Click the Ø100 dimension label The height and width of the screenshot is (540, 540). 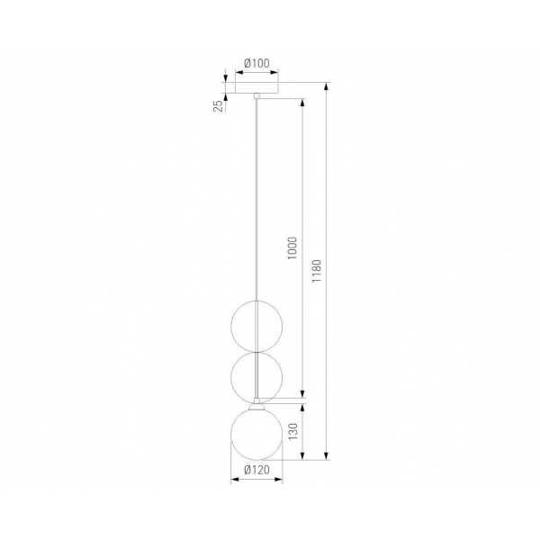point(256,63)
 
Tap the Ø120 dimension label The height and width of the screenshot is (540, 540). point(256,470)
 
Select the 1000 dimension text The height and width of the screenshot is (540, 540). point(292,248)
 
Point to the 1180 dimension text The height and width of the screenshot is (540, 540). point(316,272)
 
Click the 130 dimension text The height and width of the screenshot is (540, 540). point(292,431)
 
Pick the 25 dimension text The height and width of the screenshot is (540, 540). point(218,106)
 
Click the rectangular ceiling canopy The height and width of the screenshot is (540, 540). point(256,87)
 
